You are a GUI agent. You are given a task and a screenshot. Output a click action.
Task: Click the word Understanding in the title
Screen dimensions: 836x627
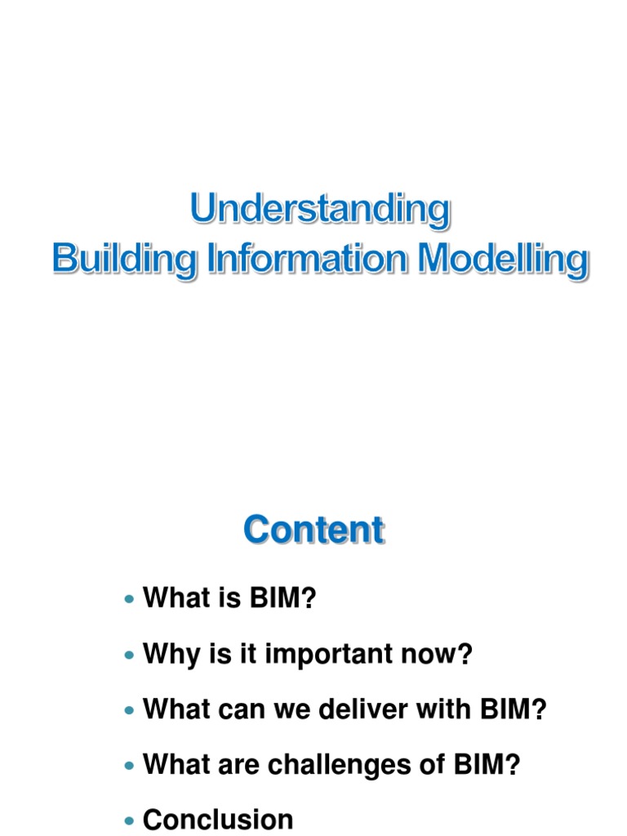(x=320, y=210)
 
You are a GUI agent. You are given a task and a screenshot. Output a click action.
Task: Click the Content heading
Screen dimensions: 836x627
(x=313, y=530)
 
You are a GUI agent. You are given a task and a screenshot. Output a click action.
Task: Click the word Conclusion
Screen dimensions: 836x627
(x=218, y=819)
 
